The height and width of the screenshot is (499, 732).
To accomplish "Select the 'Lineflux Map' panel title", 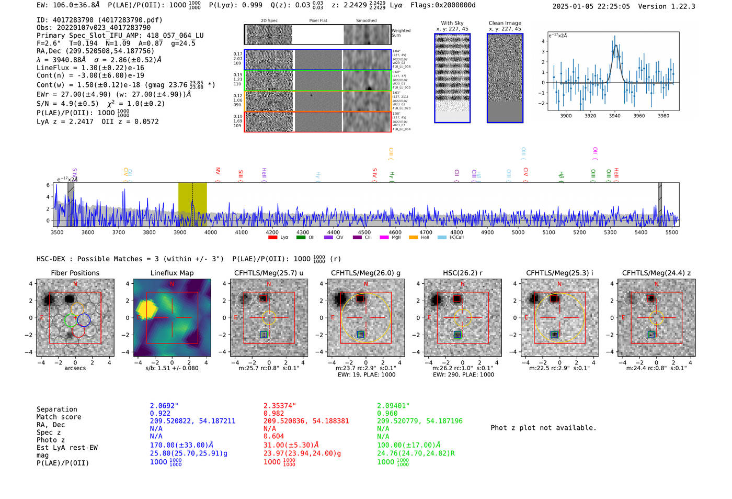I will [171, 273].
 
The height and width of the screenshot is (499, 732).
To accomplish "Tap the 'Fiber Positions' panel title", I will [75, 273].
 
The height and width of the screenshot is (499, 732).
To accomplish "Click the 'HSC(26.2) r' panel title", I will [462, 273].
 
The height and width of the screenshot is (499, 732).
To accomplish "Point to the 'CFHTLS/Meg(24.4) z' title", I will [656, 273].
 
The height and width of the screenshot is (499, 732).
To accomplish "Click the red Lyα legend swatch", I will [272, 238].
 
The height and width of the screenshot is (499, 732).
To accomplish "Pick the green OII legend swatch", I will [301, 238].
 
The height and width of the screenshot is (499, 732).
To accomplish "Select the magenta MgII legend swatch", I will [384, 238].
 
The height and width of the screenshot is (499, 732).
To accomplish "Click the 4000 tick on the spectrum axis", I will [211, 232].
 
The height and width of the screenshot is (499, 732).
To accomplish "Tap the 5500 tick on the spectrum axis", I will [672, 232].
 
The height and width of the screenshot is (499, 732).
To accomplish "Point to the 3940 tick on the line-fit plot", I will [614, 116].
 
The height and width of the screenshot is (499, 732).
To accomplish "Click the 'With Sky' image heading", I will [452, 23].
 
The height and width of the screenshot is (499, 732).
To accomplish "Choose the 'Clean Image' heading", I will [505, 23].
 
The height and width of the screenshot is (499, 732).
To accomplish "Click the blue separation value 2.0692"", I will [164, 406].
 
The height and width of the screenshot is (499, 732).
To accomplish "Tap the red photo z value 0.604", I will [273, 436].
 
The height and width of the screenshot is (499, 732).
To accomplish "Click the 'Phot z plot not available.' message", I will [543, 428].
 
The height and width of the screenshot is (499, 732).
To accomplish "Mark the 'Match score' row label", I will [59, 417].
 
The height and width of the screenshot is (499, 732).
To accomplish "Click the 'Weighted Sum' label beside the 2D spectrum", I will [401, 33].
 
